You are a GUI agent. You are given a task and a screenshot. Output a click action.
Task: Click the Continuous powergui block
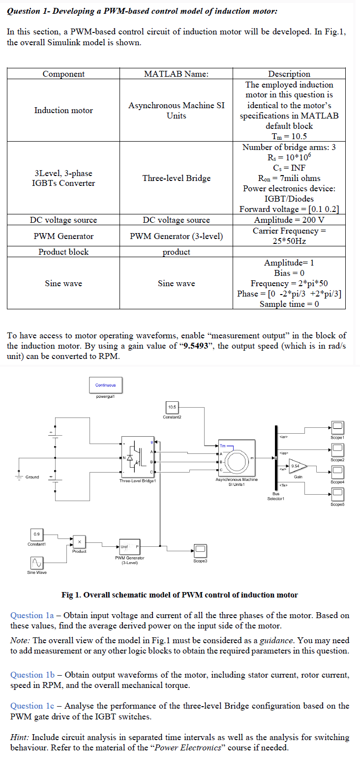(x=106, y=385)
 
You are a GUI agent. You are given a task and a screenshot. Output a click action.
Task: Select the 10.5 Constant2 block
(x=172, y=407)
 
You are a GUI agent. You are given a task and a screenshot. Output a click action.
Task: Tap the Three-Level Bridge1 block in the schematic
(x=138, y=456)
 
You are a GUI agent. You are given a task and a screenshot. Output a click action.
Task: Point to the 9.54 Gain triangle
(x=297, y=467)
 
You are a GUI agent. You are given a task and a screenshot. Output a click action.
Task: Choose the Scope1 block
(x=337, y=427)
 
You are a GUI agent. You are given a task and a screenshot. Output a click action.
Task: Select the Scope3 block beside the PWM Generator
(x=200, y=550)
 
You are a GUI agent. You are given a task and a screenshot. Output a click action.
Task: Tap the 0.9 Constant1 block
(x=37, y=534)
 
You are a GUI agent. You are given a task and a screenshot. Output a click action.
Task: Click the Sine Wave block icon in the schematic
(x=37, y=562)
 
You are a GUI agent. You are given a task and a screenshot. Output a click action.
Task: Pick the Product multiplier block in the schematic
(x=79, y=541)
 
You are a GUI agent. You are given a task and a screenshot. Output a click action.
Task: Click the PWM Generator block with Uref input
(x=129, y=546)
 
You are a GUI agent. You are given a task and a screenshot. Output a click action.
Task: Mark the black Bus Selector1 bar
(x=275, y=457)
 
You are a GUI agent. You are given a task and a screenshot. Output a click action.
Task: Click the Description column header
(x=289, y=74)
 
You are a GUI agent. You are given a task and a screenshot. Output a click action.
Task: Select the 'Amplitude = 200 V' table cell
(x=289, y=220)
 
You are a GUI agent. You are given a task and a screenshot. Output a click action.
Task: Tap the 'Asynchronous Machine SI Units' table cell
(x=176, y=111)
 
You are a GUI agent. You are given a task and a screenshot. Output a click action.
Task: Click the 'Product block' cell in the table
(x=63, y=252)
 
